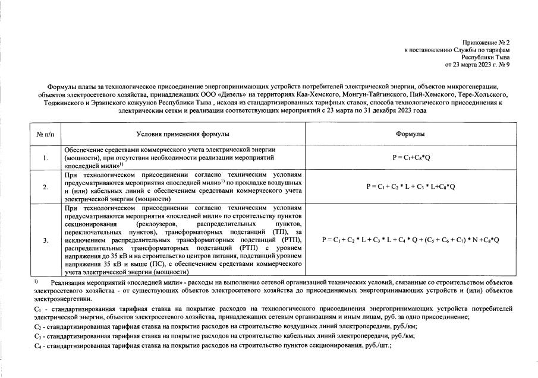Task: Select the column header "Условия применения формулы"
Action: tap(182, 135)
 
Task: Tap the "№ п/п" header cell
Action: tap(46, 135)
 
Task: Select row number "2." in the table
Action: tap(46, 186)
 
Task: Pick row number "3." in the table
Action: tap(46, 240)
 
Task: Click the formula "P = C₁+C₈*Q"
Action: tap(410, 158)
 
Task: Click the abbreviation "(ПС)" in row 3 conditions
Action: tap(161, 262)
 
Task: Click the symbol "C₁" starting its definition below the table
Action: tap(38, 310)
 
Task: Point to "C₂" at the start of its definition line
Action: tap(38, 327)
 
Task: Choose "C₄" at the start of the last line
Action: tap(38, 345)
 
